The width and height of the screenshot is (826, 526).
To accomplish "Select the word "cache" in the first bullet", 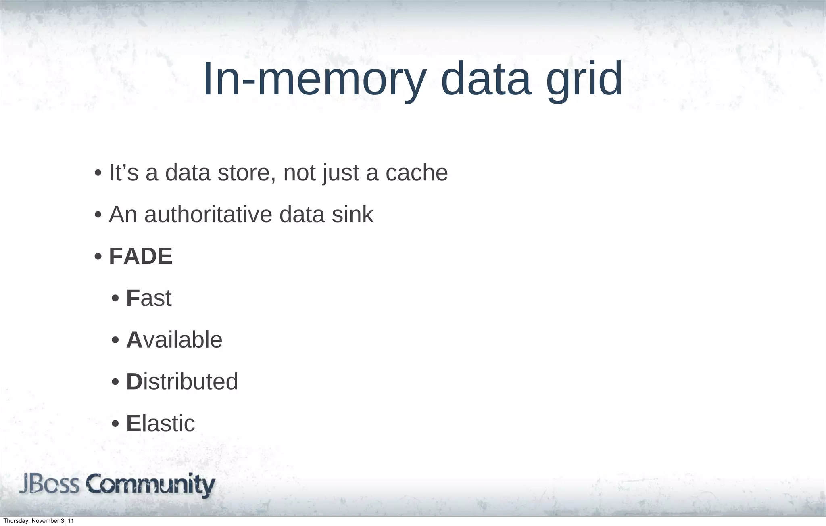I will click(x=416, y=173).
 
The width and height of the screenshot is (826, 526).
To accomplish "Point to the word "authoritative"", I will click(x=208, y=214).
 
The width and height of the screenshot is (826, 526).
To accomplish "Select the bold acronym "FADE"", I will click(x=141, y=256).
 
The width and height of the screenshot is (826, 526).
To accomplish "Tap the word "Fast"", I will click(x=149, y=298).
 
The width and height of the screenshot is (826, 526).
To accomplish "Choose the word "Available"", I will click(x=174, y=340).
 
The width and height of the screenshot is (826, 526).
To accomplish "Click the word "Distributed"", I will click(x=182, y=382).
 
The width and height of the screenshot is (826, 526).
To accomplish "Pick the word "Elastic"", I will click(x=161, y=423).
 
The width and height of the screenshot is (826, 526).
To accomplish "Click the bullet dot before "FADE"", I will click(x=98, y=257).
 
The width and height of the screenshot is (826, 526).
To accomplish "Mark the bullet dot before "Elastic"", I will click(x=115, y=424).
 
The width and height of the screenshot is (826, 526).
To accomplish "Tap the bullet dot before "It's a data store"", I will click(x=98, y=173).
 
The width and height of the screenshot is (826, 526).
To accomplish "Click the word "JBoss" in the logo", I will click(x=49, y=484).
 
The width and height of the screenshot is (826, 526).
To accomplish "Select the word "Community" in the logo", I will click(x=150, y=485).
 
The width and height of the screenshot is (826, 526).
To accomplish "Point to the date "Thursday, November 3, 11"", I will click(x=38, y=521).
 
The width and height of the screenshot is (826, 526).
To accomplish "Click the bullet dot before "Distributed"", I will click(x=115, y=382).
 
